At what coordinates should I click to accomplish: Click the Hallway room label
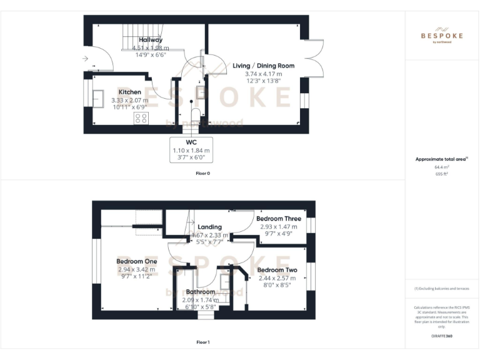click(x=151, y=40)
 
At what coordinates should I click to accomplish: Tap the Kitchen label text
click(x=130, y=92)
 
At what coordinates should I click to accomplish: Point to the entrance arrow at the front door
click(x=85, y=59)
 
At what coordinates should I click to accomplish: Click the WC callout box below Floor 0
click(x=191, y=150)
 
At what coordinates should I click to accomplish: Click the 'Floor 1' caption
click(x=202, y=342)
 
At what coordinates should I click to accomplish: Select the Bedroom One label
click(x=136, y=261)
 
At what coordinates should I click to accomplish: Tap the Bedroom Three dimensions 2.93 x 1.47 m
click(x=281, y=227)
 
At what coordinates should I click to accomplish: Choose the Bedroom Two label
click(x=277, y=270)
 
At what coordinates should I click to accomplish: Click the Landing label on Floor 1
click(x=209, y=227)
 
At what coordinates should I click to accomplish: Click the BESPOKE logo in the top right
click(x=442, y=35)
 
